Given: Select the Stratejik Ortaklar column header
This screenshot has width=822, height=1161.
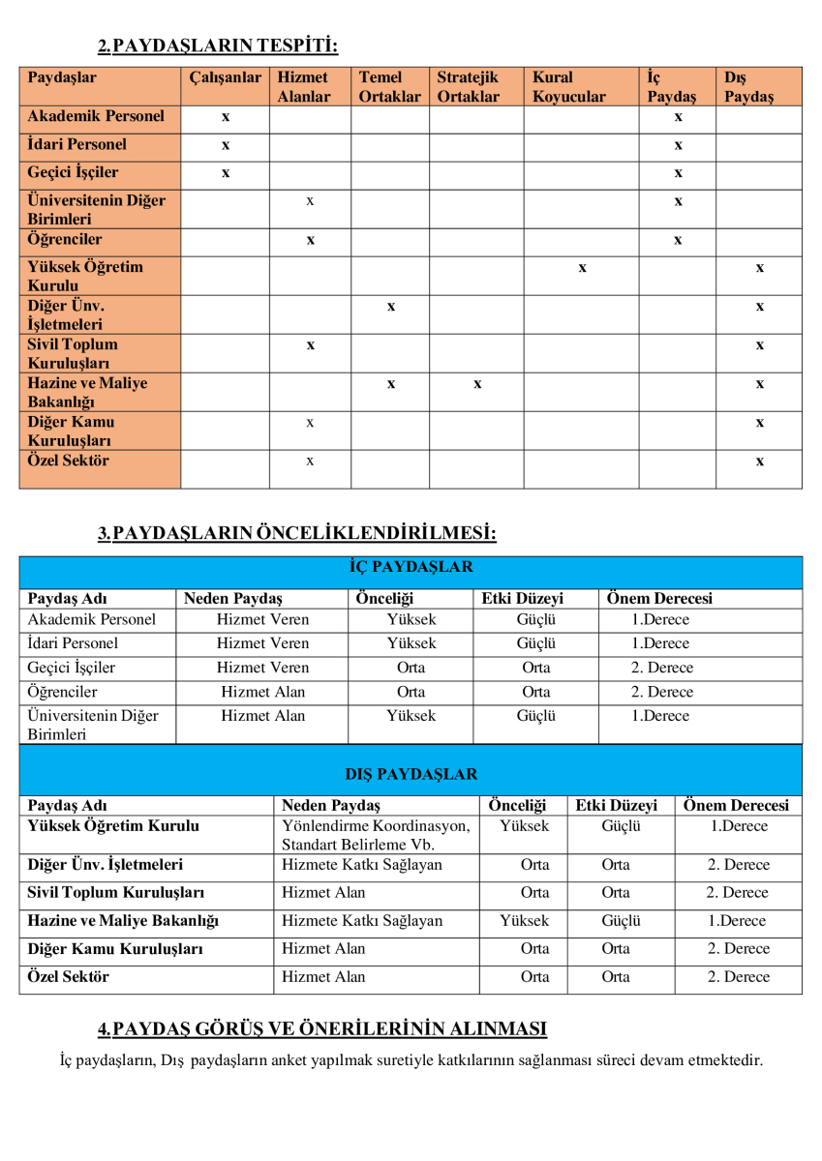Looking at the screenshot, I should [x=468, y=86].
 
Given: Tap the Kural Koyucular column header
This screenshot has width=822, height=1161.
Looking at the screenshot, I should [x=568, y=86].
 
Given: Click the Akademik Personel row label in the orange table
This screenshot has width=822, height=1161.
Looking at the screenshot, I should [x=97, y=116].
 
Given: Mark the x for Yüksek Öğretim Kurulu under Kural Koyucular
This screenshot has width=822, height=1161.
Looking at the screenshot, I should [x=582, y=268].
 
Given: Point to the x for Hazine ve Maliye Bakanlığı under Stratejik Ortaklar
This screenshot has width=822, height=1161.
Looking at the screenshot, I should [x=477, y=384].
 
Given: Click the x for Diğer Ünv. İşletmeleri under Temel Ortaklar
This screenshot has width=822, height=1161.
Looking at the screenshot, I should [x=390, y=307].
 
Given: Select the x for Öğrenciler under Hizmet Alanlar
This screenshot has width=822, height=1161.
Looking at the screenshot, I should [x=310, y=240].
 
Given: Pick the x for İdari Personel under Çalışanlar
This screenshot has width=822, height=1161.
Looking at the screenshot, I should [x=226, y=145].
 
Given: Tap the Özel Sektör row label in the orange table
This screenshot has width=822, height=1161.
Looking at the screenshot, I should [x=69, y=461].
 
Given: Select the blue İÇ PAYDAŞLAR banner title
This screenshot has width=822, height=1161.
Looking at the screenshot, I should [x=411, y=567].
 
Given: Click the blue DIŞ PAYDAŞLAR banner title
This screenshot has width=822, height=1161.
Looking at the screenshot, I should [x=411, y=774].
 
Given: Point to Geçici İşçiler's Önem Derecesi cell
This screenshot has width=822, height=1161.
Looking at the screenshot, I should [x=662, y=668].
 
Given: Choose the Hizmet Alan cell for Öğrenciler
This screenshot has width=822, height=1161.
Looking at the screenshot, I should [x=262, y=692].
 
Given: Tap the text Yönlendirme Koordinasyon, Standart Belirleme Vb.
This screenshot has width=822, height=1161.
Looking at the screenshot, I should [x=376, y=836].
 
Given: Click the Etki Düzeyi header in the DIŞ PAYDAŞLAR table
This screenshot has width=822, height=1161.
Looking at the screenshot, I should [x=616, y=805].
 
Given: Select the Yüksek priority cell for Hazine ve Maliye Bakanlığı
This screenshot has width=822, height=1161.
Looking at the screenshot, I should [x=524, y=921].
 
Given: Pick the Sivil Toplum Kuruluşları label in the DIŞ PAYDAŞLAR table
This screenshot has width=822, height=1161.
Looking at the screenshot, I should [x=116, y=892].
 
